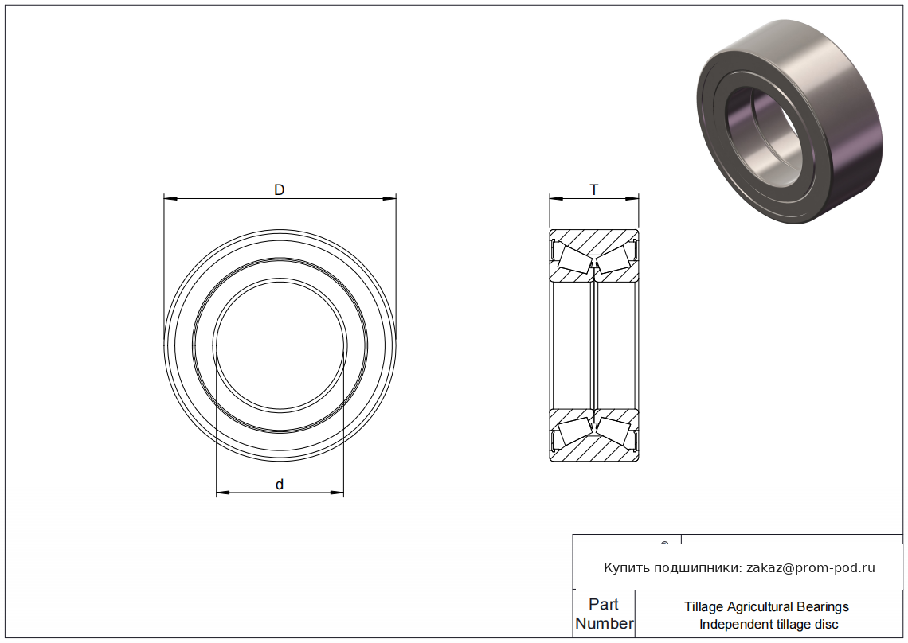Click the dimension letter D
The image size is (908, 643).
point(279,190)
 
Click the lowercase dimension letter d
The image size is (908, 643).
point(280,485)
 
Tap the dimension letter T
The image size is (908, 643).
point(593,190)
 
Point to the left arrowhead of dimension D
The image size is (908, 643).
point(170,198)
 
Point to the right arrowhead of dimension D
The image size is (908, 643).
point(389,198)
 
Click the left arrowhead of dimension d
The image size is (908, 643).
point(223,493)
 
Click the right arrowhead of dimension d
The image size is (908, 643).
point(336,493)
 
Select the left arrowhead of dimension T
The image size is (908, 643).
point(557,198)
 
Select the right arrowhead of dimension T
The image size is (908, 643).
point(632,198)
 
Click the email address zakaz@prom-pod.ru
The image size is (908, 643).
point(811,567)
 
